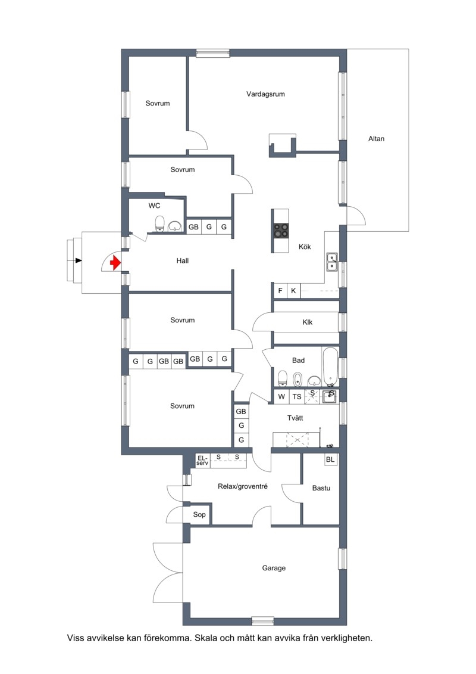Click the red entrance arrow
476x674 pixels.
[115, 263]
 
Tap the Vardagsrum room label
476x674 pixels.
[265, 94]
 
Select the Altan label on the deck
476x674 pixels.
[376, 139]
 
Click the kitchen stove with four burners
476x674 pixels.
[281, 231]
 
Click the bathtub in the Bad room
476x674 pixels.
[330, 366]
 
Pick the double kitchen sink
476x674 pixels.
[332, 262]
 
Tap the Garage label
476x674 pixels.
[274, 569]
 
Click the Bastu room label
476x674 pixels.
[321, 488]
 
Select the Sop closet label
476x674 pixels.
[199, 514]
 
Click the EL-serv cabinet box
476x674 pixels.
[202, 461]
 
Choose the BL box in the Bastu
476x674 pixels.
[330, 459]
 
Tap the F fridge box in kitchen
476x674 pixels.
[280, 291]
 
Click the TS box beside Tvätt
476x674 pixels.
[296, 397]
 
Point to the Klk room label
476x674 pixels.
[308, 322]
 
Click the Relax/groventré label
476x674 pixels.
[243, 487]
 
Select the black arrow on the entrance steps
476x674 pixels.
[78, 260]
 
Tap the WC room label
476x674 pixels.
[155, 206]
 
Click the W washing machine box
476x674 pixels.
[281, 397]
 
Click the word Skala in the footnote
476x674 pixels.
[206, 638]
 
